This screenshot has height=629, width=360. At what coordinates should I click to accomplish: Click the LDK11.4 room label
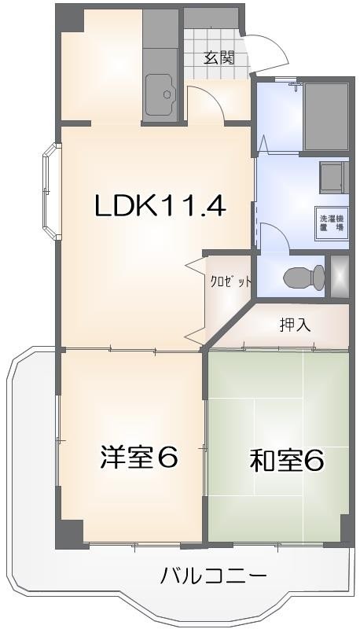tap(160, 206)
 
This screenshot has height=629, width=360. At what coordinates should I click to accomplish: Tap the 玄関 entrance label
tap(219, 57)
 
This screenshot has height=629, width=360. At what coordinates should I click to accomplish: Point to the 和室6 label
tap(288, 461)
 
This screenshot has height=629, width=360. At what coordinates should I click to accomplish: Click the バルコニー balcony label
tap(214, 576)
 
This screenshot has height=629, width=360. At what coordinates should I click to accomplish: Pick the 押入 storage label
tap(296, 324)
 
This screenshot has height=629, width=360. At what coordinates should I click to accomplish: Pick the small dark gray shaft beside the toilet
tap(340, 277)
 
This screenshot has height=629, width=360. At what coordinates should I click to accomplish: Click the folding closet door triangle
tap(195, 271)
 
